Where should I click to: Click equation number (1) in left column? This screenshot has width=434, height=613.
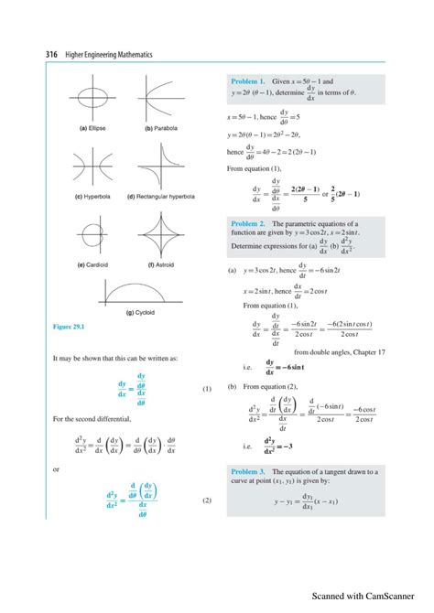206,389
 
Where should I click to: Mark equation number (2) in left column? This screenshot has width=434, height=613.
206,500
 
